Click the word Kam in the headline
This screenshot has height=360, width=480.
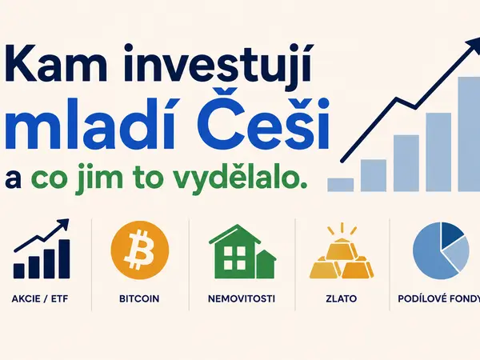(x=56, y=65)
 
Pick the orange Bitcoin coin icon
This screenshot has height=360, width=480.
(x=139, y=250)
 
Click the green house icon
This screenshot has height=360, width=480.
(x=242, y=252)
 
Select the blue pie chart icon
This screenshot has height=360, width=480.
(x=441, y=251)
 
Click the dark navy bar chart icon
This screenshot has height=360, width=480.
(x=42, y=249)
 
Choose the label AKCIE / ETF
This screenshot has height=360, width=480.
(x=40, y=298)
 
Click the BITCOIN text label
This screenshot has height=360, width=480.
(x=139, y=298)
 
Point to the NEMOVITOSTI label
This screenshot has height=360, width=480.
(x=242, y=298)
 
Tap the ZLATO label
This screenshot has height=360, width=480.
(x=342, y=298)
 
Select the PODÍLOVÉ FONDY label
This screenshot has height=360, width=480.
(x=439, y=298)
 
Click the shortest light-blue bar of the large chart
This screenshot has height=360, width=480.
(x=341, y=185)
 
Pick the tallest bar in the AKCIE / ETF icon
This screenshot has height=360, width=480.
(x=64, y=259)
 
